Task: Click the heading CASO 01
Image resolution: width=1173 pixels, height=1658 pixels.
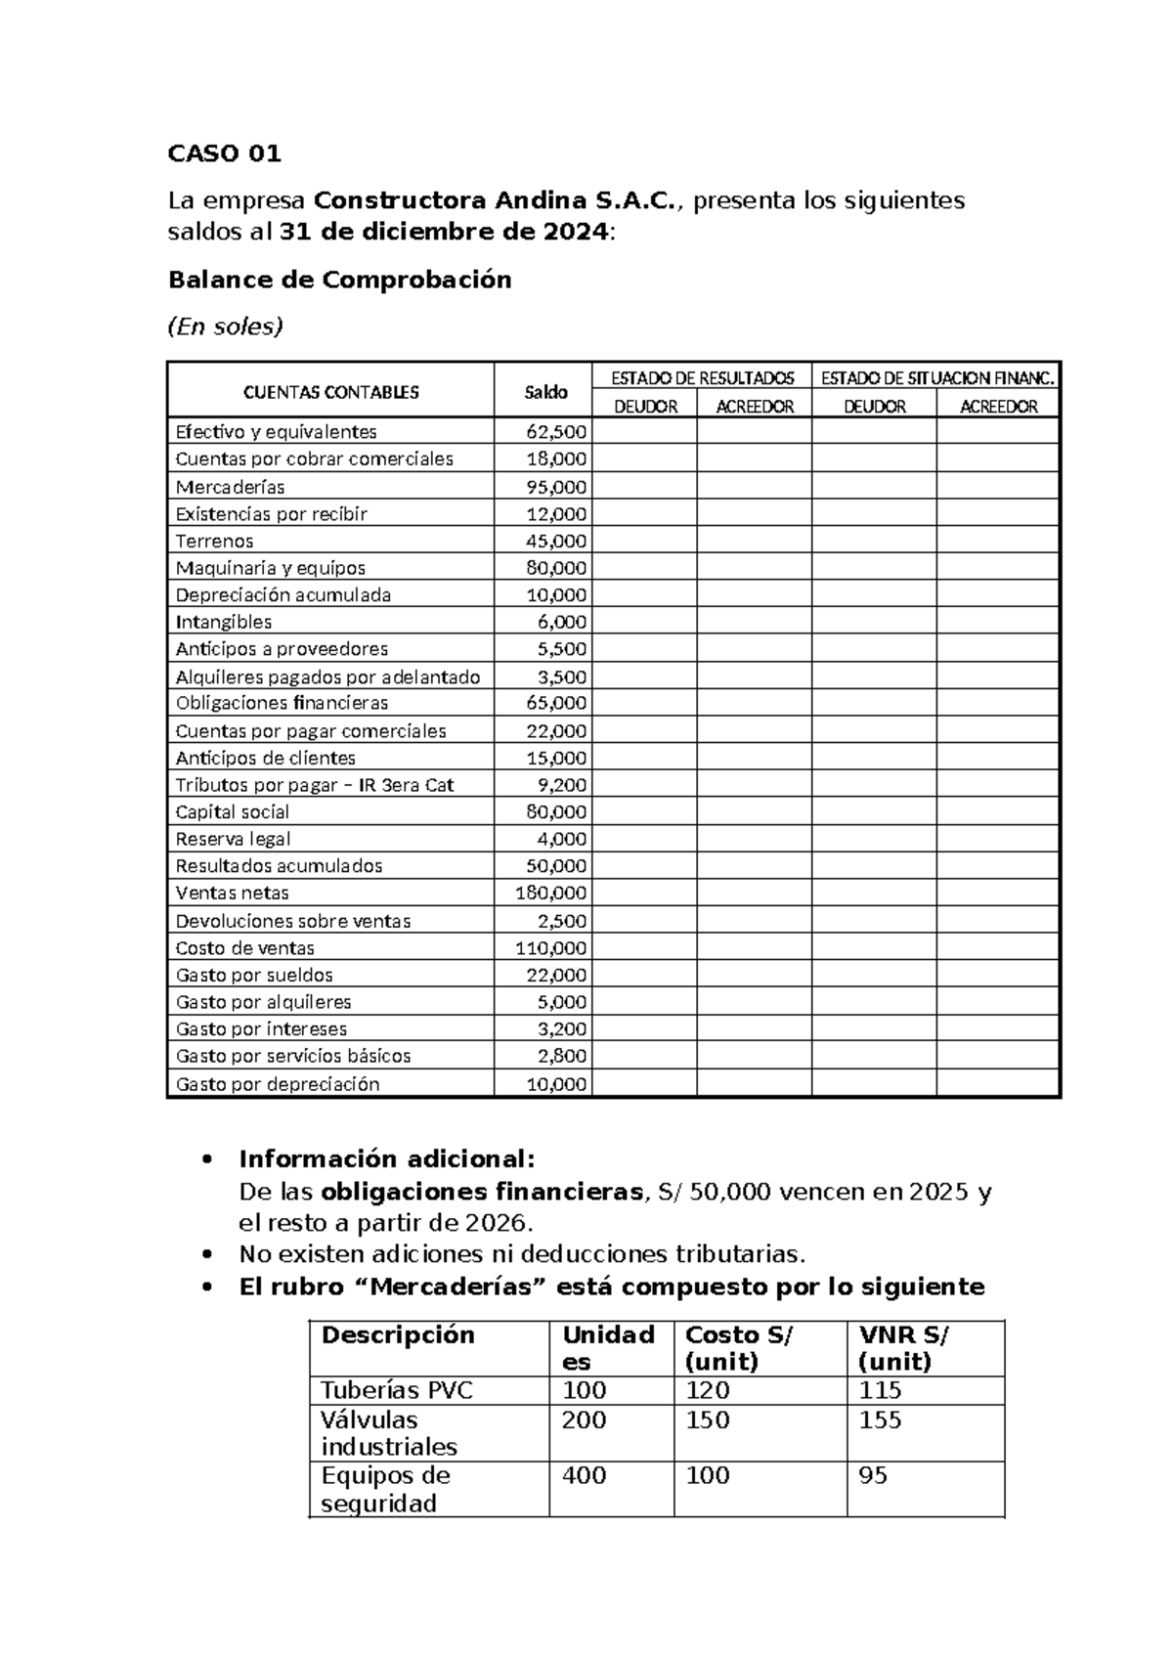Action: pyautogui.click(x=225, y=153)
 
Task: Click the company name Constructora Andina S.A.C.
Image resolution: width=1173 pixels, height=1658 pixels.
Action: pyautogui.click(x=494, y=200)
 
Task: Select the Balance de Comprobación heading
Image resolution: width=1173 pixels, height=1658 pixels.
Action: pyautogui.click(x=339, y=280)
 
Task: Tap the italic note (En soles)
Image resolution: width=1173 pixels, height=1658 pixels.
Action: pyautogui.click(x=225, y=327)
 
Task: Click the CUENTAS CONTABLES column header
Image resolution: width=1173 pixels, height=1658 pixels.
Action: pyautogui.click(x=330, y=392)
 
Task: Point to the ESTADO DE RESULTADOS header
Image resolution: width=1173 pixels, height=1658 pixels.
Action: pyautogui.click(x=702, y=377)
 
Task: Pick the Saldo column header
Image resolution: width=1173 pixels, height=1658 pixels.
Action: pyautogui.click(x=545, y=392)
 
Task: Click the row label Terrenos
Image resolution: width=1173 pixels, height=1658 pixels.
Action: pyautogui.click(x=214, y=541)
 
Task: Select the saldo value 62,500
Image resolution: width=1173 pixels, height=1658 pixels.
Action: pyautogui.click(x=556, y=432)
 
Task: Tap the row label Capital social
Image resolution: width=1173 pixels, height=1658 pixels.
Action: pyautogui.click(x=232, y=811)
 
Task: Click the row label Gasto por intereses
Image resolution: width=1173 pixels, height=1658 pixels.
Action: pyautogui.click(x=261, y=1028)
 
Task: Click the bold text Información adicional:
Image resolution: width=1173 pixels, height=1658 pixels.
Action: pyautogui.click(x=387, y=1159)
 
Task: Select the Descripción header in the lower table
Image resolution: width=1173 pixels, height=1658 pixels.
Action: pyautogui.click(x=398, y=1335)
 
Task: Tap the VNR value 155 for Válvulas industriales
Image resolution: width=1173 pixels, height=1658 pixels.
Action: pyautogui.click(x=880, y=1420)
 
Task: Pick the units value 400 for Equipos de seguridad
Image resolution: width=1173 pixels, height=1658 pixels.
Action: pyautogui.click(x=584, y=1475)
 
